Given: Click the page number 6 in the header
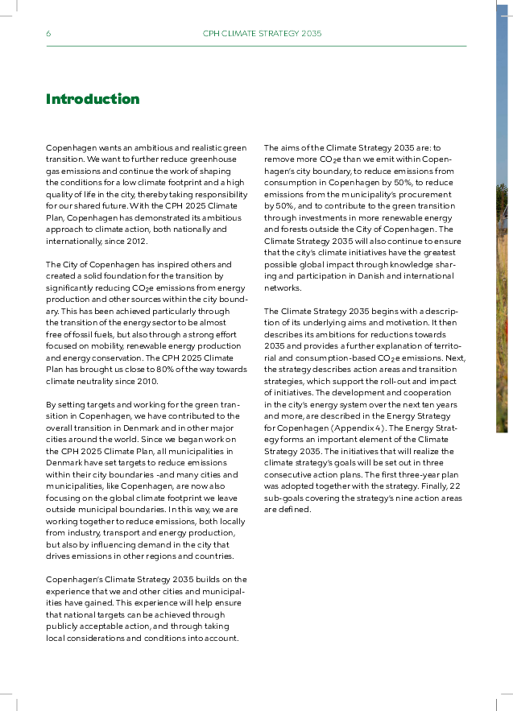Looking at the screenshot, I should [48, 34].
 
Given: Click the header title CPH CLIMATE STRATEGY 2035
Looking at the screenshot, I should [262, 34].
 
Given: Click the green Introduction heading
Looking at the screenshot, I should [93, 99].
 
